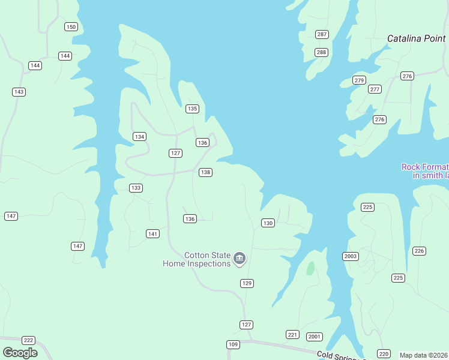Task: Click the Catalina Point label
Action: [416, 38]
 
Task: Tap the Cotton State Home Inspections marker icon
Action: [240, 259]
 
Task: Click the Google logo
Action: [20, 353]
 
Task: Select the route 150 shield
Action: [71, 26]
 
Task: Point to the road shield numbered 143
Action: [19, 92]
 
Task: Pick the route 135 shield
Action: [192, 109]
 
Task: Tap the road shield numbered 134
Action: [139, 137]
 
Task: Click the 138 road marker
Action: [205, 172]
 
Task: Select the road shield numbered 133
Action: [136, 188]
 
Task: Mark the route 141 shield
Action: [153, 233]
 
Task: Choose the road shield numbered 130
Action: [268, 223]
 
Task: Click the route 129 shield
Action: [247, 283]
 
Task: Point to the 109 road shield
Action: [233, 344]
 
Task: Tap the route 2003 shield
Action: [351, 256]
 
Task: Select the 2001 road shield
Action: [315, 337]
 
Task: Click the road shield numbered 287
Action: [322, 34]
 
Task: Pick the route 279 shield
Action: [359, 80]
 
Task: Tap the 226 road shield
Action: [419, 251]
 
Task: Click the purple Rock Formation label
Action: [425, 171]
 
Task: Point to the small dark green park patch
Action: [310, 268]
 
